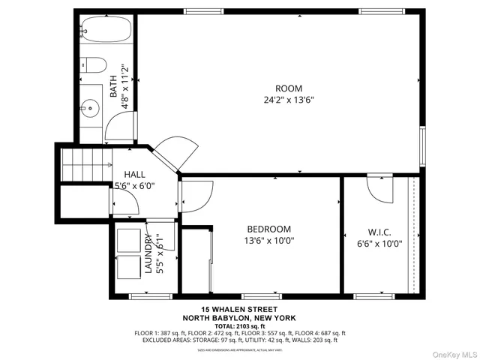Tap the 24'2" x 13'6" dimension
pos(289,99)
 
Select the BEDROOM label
pos(269,229)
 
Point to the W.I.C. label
pos(379,232)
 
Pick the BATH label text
pos(114,87)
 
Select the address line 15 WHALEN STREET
pos(239,310)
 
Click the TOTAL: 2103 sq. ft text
pos(239,325)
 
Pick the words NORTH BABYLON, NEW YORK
pos(239,317)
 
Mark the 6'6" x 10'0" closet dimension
pos(379,243)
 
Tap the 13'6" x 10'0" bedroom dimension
pos(269,241)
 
